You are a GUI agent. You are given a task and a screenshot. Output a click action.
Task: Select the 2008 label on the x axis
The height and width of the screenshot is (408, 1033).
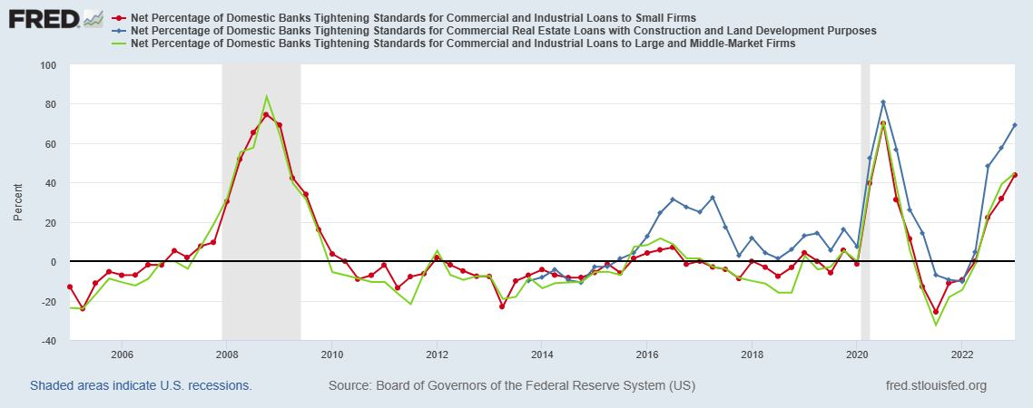pos(227,354)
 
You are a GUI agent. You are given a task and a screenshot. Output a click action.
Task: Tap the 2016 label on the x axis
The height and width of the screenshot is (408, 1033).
pos(647,354)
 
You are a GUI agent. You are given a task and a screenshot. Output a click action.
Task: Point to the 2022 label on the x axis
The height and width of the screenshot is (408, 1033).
pos(962,354)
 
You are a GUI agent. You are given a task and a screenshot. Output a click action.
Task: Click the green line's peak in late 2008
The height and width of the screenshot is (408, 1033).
pos(266,96)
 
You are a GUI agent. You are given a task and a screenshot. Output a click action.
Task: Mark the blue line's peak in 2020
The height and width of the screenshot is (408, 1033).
pos(883,102)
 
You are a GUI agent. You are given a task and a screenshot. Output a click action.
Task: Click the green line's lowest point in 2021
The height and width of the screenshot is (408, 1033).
pos(936,325)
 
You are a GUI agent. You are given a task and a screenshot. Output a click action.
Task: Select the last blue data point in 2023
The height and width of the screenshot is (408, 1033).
pos(1014,125)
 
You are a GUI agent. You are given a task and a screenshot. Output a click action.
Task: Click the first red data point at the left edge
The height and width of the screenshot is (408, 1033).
pos(70,287)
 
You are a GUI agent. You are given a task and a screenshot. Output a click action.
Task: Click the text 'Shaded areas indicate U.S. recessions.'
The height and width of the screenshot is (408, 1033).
pos(141,385)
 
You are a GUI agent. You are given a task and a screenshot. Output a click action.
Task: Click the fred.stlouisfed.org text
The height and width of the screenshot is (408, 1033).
pos(935,385)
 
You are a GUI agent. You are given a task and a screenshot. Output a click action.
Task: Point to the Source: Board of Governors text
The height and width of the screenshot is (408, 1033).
pos(512,385)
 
